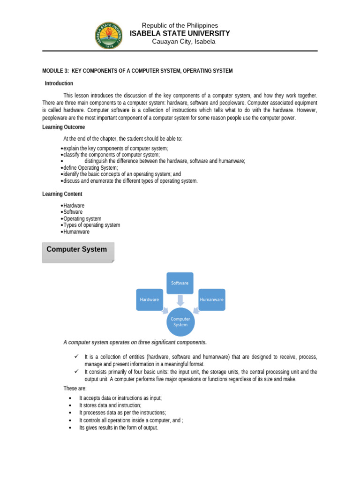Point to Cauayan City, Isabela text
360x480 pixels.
click(x=184, y=42)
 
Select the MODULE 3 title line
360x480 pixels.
click(x=137, y=71)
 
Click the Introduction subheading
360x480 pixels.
click(x=59, y=83)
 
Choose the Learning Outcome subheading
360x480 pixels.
click(x=64, y=127)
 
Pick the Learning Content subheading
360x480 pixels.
click(x=62, y=194)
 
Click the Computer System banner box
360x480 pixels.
click(x=77, y=252)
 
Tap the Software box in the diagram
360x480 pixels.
click(x=180, y=283)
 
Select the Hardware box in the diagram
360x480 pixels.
click(x=150, y=300)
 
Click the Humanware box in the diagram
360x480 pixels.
click(x=211, y=300)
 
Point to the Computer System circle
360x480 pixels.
click(x=180, y=322)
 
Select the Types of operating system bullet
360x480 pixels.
click(x=91, y=225)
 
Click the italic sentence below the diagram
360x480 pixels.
click(x=135, y=342)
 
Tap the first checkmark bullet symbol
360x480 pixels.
click(x=76, y=357)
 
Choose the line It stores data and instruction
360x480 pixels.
click(x=110, y=405)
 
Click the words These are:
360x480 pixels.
click(x=75, y=388)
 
